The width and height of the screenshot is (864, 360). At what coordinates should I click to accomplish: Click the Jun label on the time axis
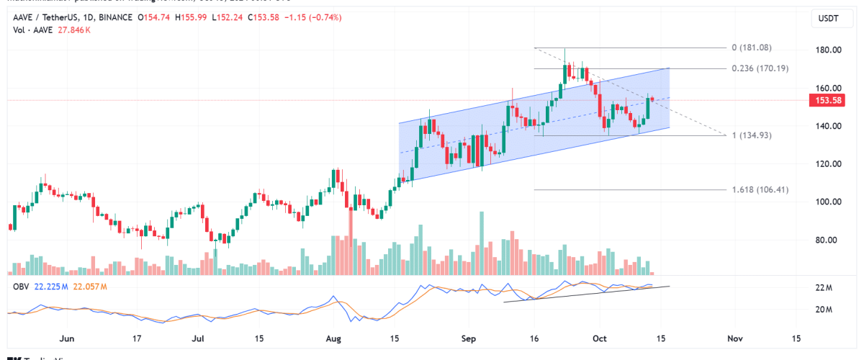point(67,338)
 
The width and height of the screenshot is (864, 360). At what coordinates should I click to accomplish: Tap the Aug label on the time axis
point(332,338)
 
